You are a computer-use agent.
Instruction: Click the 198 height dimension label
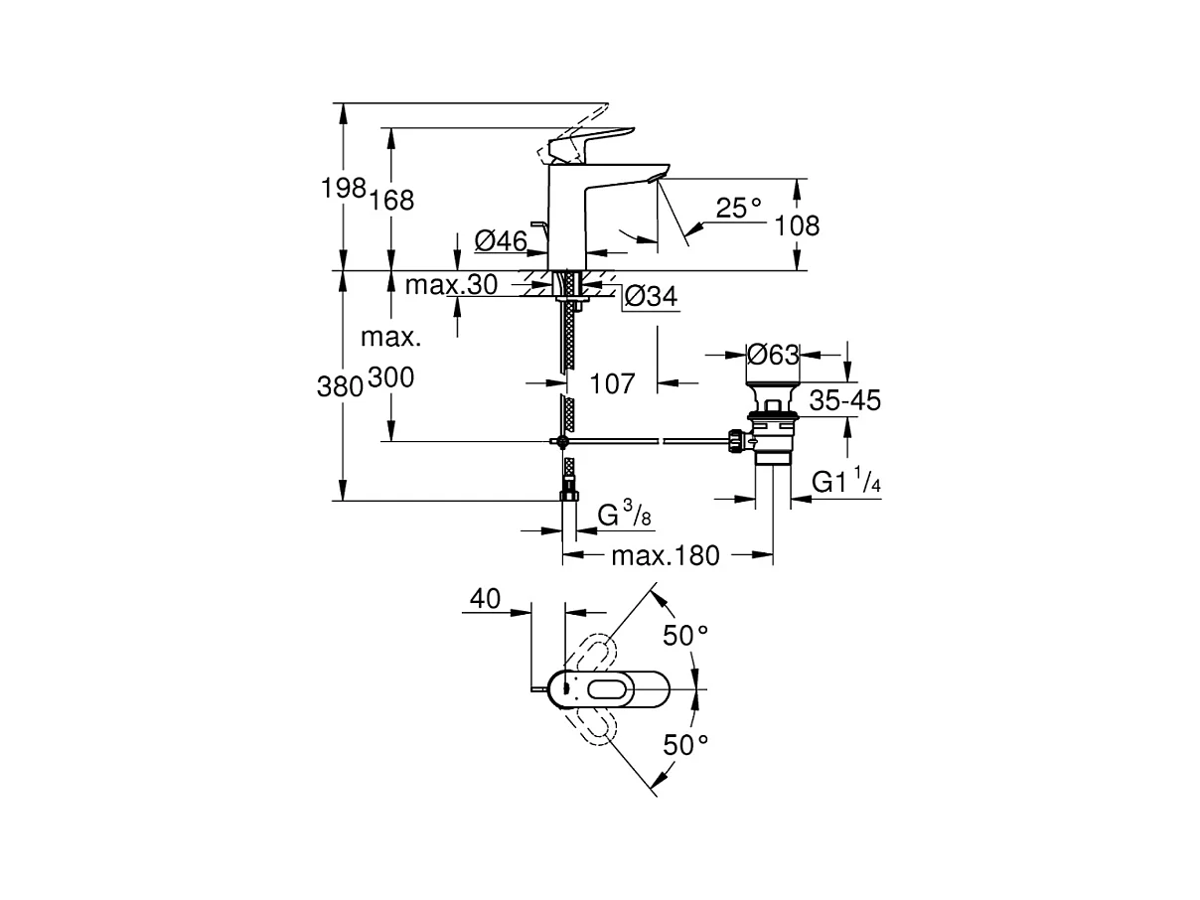[343, 189]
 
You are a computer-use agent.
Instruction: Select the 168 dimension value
[392, 201]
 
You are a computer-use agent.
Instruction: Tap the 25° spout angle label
[739, 209]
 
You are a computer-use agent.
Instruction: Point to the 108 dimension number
[797, 225]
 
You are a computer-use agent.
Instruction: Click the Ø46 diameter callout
[501, 241]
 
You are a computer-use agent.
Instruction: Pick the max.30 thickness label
[451, 285]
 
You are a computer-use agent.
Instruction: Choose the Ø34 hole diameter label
[651, 296]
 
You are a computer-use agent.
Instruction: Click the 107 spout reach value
[612, 383]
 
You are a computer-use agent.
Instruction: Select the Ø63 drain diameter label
[773, 356]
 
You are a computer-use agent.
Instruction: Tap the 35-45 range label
[844, 400]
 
